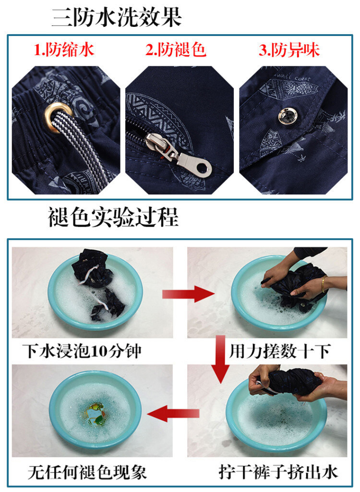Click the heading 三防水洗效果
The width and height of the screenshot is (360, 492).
click(117, 17)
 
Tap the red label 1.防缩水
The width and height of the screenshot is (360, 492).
click(64, 50)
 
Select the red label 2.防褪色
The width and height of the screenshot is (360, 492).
click(176, 49)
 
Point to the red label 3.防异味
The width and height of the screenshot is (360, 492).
click(289, 50)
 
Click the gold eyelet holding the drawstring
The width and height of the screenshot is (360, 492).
click(58, 117)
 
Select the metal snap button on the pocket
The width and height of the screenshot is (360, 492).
click(288, 116)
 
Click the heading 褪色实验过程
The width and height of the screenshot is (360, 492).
click(113, 217)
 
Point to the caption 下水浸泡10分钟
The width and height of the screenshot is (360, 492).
click(82, 350)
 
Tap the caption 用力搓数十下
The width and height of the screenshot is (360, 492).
click(280, 351)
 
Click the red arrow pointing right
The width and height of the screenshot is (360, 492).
click(188, 294)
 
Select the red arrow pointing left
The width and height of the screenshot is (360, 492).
click(173, 414)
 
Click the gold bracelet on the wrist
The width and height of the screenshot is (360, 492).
click(323, 284)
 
